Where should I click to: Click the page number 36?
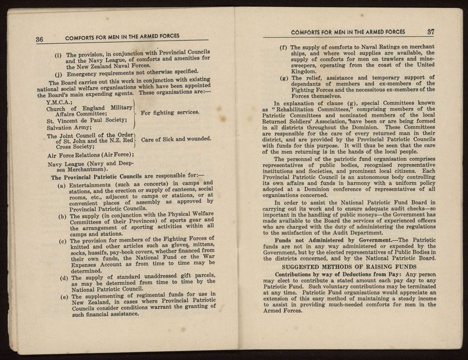click(39, 39)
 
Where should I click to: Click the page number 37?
click(431, 31)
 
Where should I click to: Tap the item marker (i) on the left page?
click(59, 55)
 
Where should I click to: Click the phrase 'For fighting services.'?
click(170, 112)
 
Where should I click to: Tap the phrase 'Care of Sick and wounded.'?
click(176, 139)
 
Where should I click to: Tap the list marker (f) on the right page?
click(284, 47)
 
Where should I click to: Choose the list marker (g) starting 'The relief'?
click(285, 78)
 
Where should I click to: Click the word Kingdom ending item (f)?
click(304, 71)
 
